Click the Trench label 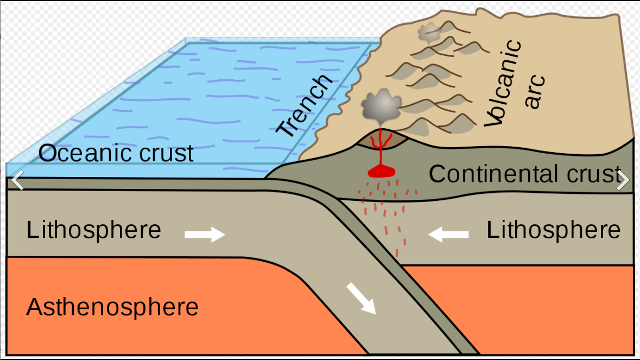click(x=305, y=105)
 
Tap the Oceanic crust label click(x=116, y=153)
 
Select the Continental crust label click(x=524, y=174)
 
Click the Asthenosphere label click(x=112, y=307)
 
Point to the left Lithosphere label click(x=94, y=230)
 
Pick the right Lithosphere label click(x=553, y=230)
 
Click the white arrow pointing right click(x=205, y=235)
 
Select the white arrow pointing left click(x=448, y=235)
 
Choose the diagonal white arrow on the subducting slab click(x=362, y=299)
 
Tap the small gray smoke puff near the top click(x=429, y=32)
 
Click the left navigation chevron click(x=17, y=180)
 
